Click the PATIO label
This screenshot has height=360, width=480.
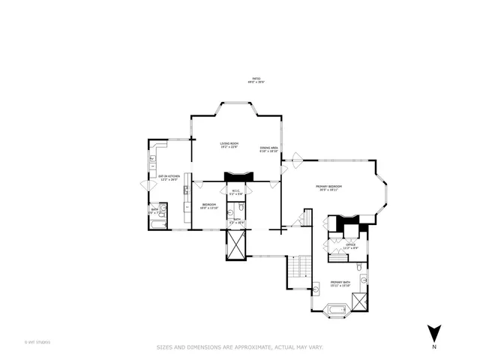click(x=255, y=78)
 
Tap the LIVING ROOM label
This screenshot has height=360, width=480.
click(x=229, y=143)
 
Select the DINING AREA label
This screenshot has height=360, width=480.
click(x=269, y=148)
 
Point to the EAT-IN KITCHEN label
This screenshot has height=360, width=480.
click(x=168, y=176)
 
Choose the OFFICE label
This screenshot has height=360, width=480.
click(x=350, y=244)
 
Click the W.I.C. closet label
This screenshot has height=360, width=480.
click(x=235, y=190)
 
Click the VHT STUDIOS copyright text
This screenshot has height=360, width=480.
click(x=37, y=342)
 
